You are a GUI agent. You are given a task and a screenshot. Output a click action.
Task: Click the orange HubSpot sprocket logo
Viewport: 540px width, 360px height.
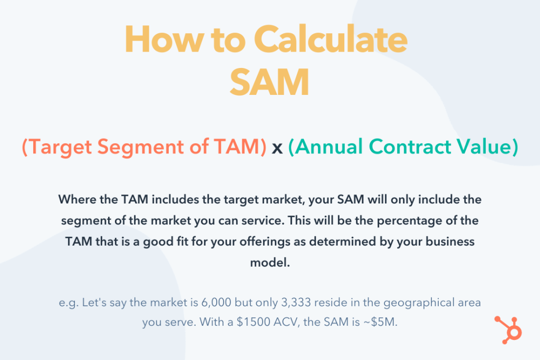[507, 329]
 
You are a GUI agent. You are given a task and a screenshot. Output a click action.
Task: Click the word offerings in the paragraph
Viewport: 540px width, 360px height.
[291, 241]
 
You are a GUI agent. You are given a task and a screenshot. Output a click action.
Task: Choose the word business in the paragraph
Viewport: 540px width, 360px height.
[449, 241]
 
